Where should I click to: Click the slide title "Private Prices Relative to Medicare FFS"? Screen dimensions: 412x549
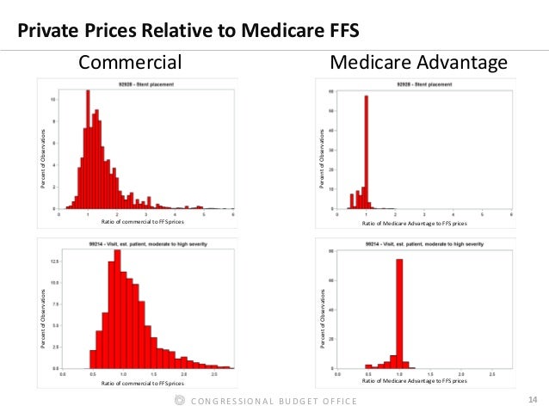188,33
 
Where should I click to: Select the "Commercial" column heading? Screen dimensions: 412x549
130,62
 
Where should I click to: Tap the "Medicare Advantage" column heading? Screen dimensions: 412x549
418,62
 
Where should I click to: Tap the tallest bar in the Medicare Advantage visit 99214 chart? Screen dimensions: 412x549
399,314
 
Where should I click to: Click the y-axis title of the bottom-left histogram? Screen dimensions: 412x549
44,318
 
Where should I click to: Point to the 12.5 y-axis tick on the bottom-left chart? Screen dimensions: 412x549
53,260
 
